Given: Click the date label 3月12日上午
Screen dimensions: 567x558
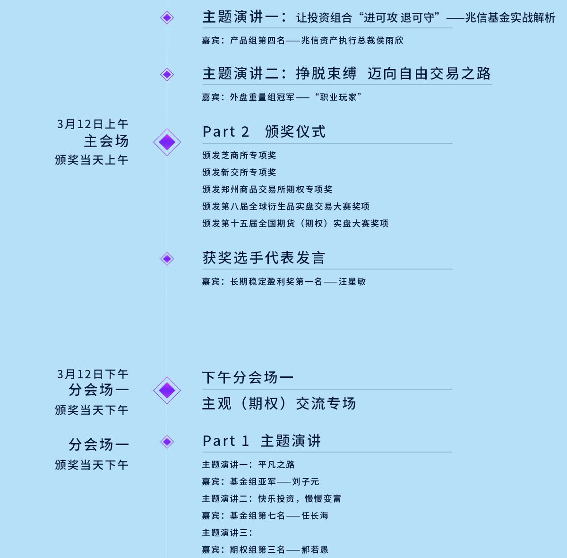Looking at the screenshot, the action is (93, 124).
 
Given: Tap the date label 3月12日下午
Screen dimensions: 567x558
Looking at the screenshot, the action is (93, 374).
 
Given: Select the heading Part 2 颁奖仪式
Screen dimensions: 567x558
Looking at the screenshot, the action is (264, 131).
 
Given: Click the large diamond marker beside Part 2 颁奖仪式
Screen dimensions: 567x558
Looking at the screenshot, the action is (167, 142).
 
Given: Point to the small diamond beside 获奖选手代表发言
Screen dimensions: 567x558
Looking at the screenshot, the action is (167, 259).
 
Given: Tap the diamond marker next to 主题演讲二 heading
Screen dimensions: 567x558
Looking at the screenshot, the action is (167, 74).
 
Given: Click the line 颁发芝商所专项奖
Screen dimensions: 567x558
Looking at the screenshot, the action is (239, 155).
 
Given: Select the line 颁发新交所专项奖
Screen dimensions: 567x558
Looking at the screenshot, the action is (239, 172).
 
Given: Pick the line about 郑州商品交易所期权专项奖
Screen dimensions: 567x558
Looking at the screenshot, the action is (267, 189).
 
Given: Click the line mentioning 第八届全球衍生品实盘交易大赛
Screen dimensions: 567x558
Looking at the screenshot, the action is (286, 206).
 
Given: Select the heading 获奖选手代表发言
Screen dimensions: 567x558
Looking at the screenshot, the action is (264, 258).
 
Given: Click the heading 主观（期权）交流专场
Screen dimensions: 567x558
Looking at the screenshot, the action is (279, 403).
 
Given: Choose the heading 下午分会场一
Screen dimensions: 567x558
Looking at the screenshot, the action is (248, 377).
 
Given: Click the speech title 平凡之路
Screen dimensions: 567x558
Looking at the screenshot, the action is (276, 465).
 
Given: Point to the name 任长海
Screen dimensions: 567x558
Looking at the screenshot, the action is (315, 515).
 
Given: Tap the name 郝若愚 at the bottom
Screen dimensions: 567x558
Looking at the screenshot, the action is (315, 549).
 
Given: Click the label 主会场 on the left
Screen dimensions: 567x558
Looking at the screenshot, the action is (106, 141).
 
